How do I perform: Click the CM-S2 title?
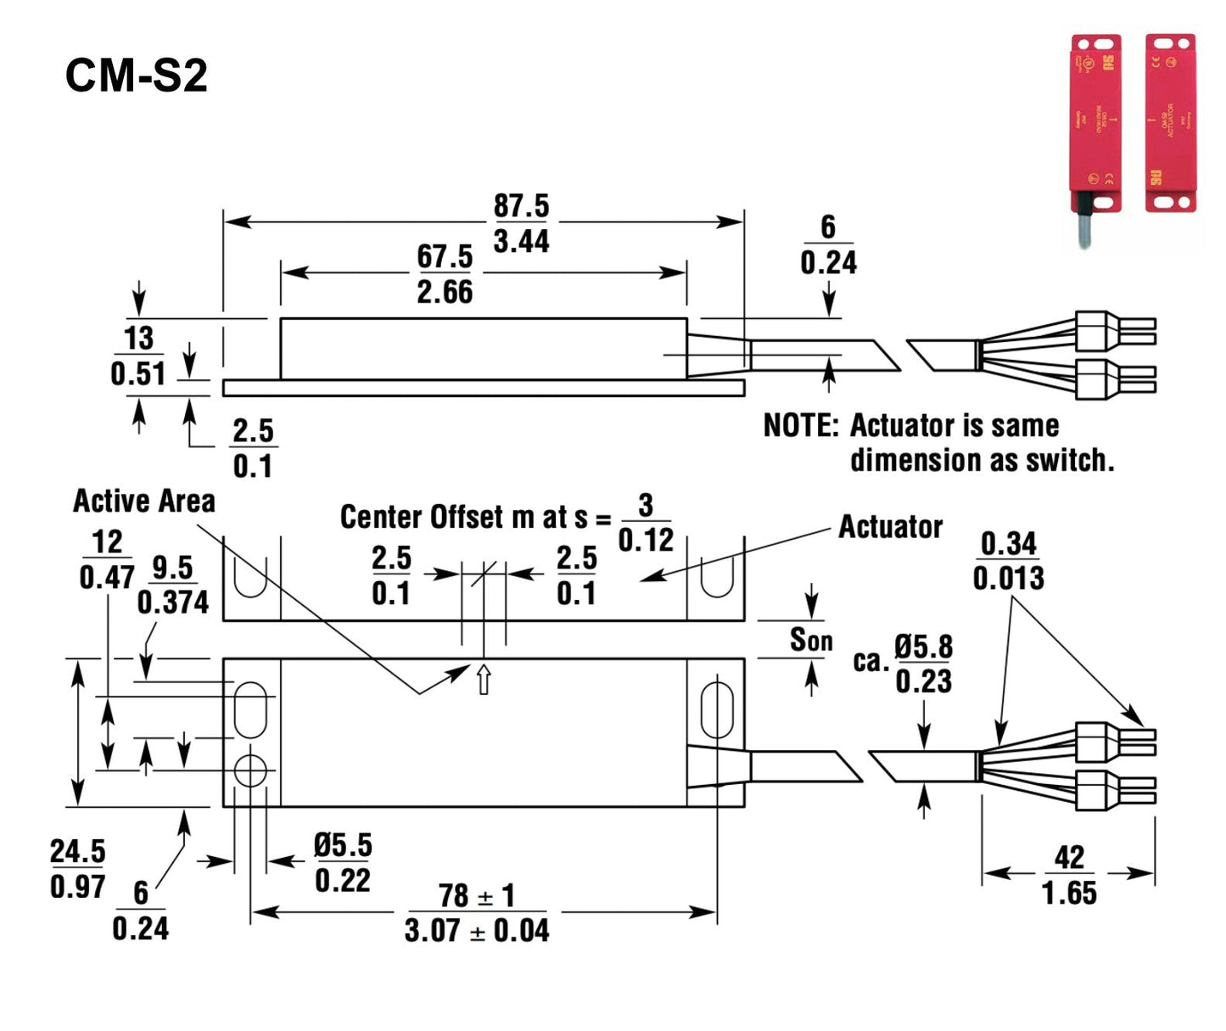pyautogui.click(x=136, y=76)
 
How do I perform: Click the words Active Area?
pyautogui.click(x=144, y=501)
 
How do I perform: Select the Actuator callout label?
pyautogui.click(x=890, y=527)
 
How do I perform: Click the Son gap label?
pyautogui.click(x=811, y=640)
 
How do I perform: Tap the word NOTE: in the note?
pyautogui.click(x=800, y=425)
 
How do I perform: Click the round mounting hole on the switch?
pyautogui.click(x=250, y=770)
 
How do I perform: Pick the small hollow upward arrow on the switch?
pyautogui.click(x=484, y=680)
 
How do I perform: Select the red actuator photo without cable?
pyautogui.click(x=1170, y=123)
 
